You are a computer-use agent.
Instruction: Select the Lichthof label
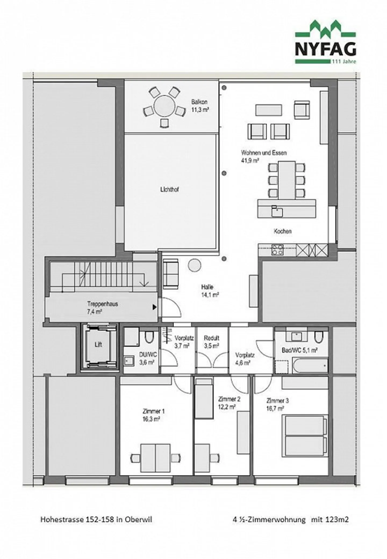(170, 189)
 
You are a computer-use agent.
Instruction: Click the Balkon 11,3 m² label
(200, 106)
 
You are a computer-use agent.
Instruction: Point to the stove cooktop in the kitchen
(277, 250)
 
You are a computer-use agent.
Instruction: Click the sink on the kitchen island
(277, 211)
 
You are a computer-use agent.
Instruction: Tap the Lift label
(98, 345)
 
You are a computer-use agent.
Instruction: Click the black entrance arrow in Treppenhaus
(155, 307)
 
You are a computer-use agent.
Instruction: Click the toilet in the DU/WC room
(148, 337)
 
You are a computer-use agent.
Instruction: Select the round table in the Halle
(194, 265)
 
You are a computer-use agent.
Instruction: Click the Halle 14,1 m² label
(210, 291)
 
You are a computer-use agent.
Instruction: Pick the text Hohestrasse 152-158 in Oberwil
(96, 520)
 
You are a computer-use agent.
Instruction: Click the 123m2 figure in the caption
(337, 520)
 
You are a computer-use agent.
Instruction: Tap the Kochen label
(282, 231)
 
